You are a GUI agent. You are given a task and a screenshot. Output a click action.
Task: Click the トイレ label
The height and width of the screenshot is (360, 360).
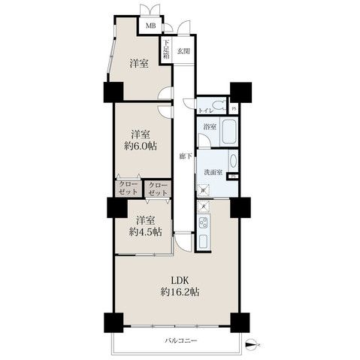204,110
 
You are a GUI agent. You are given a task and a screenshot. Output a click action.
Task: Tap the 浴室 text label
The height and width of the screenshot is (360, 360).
208,127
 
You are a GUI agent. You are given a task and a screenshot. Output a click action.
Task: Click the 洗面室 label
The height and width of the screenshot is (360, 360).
212,173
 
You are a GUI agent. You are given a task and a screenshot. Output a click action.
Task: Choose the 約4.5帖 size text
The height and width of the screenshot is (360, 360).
146,231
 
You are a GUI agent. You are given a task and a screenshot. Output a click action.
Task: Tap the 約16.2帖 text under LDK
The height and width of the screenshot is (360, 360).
180,292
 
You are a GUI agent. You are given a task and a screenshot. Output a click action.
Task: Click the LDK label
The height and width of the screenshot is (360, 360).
180,280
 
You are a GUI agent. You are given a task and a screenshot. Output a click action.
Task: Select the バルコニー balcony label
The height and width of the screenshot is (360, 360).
180,340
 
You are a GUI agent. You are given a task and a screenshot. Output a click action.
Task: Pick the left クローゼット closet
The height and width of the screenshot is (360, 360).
127,188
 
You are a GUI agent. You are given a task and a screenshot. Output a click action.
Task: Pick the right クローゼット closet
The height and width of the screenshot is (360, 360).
158,188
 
